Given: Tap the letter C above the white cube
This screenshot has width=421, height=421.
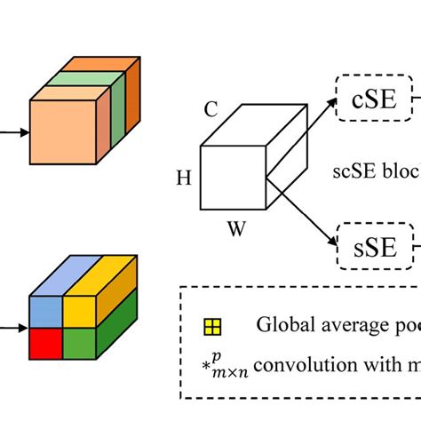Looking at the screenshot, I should coord(211,110).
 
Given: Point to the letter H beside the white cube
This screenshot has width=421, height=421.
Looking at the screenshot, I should coord(184,178).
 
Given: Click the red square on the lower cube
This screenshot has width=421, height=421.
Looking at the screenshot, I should coord(46,342).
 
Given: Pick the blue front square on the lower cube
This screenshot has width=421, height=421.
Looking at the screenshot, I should coord(46,311).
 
